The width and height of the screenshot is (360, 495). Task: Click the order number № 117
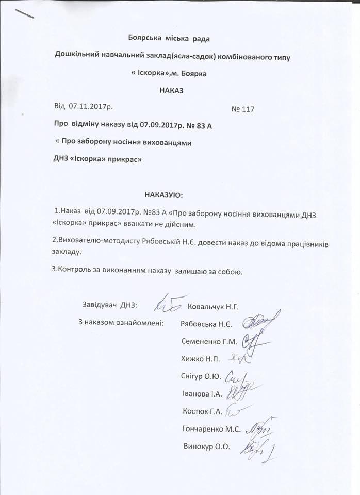(x=243, y=109)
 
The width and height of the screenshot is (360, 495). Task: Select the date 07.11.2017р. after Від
(x=91, y=106)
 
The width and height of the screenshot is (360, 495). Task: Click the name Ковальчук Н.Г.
(x=213, y=307)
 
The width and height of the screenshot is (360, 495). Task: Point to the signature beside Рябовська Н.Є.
(x=261, y=322)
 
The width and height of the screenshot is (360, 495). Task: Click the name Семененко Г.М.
(x=209, y=341)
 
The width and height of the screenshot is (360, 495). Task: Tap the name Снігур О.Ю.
(x=202, y=377)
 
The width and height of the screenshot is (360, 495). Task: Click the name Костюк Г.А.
(x=202, y=411)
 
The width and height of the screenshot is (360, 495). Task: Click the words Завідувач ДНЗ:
(x=109, y=305)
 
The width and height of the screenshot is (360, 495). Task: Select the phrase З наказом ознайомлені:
(x=121, y=323)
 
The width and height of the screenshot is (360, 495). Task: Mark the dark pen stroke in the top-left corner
(x=25, y=13)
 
